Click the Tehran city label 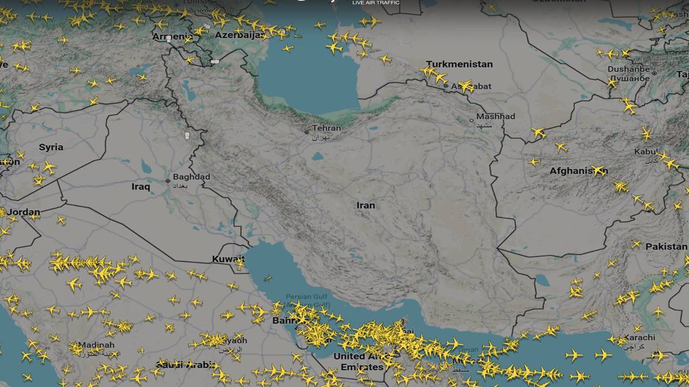[x=327, y=128]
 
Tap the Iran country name [x=366, y=205]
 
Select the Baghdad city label [x=192, y=177]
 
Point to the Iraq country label [x=141, y=186]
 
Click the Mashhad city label [x=496, y=116]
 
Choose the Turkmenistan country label [x=459, y=64]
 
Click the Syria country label [x=51, y=147]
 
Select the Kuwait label [x=228, y=259]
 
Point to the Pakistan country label [x=666, y=247]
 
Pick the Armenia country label [x=172, y=37]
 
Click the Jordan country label [x=24, y=212]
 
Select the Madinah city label [x=96, y=345]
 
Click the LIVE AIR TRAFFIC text [x=376, y=3]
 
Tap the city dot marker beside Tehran [x=307, y=132]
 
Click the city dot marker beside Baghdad [x=168, y=181]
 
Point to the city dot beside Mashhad [x=471, y=120]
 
